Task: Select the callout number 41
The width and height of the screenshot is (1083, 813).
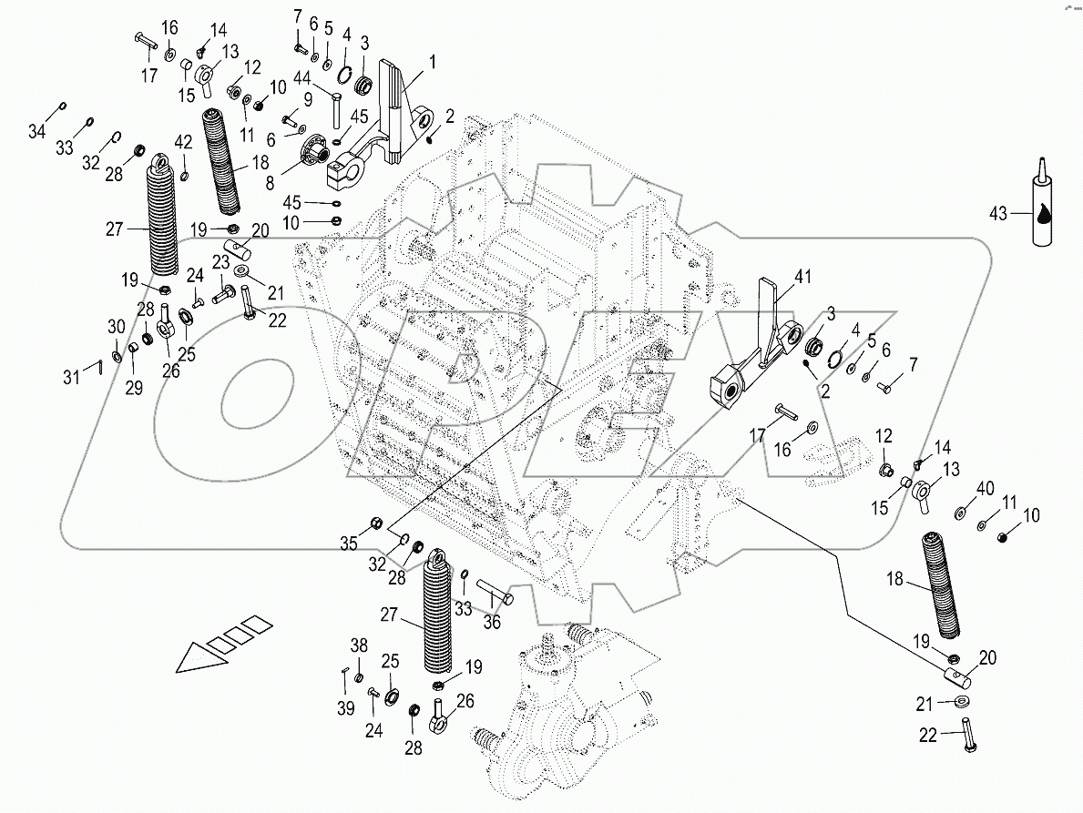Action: pyautogui.click(x=801, y=275)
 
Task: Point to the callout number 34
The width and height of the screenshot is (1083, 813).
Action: pyautogui.click(x=36, y=133)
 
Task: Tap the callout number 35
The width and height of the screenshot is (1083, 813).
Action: pyautogui.click(x=349, y=544)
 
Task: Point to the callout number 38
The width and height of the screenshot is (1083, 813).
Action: pyautogui.click(x=360, y=645)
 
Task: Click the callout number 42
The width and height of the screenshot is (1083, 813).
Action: pyautogui.click(x=184, y=142)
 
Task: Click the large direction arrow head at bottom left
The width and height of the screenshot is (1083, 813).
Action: pyautogui.click(x=196, y=657)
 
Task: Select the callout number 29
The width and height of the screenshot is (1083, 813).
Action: pyautogui.click(x=134, y=389)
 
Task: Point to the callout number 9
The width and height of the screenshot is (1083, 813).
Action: pyautogui.click(x=309, y=98)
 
